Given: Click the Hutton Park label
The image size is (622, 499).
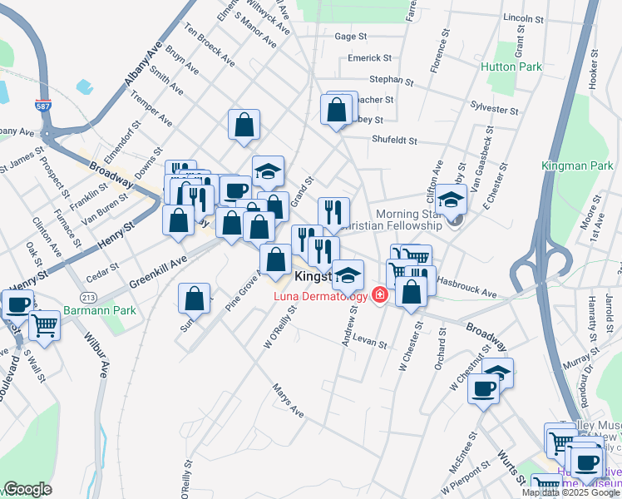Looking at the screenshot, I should click(x=511, y=67).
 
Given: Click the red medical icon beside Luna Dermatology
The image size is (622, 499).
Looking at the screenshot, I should click(x=380, y=295).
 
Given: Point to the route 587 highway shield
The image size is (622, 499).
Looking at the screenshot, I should click(x=42, y=107).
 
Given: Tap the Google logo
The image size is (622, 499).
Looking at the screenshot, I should click(x=27, y=489).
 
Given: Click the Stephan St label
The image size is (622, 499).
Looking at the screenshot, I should click(x=392, y=81).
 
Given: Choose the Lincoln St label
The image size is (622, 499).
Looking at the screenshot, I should click(x=524, y=17).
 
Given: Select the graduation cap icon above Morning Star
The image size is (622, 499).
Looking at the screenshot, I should click(x=450, y=200).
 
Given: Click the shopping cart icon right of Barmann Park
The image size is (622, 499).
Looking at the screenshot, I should click(x=44, y=325).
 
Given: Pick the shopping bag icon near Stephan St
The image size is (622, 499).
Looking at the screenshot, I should click(x=336, y=109).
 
